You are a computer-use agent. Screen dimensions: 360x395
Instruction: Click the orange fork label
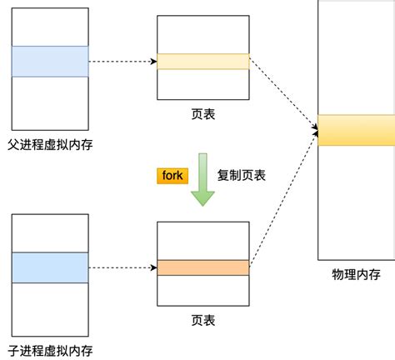click(172, 176)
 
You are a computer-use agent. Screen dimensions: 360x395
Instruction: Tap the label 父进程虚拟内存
click(50, 144)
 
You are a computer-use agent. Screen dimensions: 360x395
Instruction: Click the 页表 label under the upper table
click(202, 112)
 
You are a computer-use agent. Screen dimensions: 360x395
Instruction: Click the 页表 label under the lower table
click(202, 319)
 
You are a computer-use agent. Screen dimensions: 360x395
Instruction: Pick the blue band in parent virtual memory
click(50, 62)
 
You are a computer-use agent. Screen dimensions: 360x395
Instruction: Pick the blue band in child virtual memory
click(50, 267)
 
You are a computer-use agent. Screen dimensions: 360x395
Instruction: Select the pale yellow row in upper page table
click(202, 62)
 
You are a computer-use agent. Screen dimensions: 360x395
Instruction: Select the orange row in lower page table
click(202, 267)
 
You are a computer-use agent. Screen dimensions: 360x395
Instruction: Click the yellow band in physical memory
click(356, 130)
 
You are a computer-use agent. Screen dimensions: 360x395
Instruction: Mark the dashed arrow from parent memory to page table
click(122, 62)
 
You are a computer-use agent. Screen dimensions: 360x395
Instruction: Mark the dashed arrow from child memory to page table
click(122, 267)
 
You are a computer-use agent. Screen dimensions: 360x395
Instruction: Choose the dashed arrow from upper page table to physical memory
click(283, 95)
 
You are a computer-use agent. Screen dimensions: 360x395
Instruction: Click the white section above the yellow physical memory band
click(356, 58)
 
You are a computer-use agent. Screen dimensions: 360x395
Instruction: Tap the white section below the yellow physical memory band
click(356, 200)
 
